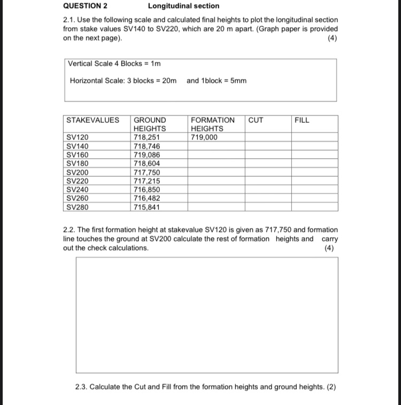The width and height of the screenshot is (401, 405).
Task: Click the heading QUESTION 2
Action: [x=85, y=6]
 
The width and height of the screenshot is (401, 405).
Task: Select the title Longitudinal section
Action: [x=183, y=6]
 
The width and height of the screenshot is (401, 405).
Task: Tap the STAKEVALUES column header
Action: [x=92, y=120]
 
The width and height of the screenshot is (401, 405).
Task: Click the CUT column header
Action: [x=256, y=120]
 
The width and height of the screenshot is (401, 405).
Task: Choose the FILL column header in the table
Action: [x=302, y=120]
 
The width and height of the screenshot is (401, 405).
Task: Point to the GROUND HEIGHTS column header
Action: [x=150, y=124]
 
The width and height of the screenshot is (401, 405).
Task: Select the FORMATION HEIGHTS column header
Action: [x=212, y=124]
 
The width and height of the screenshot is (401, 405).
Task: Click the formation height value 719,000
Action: [x=204, y=137]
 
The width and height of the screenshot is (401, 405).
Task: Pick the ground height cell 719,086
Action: [x=146, y=155]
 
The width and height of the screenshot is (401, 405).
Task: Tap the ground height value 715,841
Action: [x=146, y=207]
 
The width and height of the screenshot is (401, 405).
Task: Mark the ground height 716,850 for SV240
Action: [x=146, y=190]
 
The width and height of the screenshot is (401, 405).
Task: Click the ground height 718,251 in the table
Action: [x=146, y=137]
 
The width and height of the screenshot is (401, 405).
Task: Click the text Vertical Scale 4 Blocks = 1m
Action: [x=114, y=64]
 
